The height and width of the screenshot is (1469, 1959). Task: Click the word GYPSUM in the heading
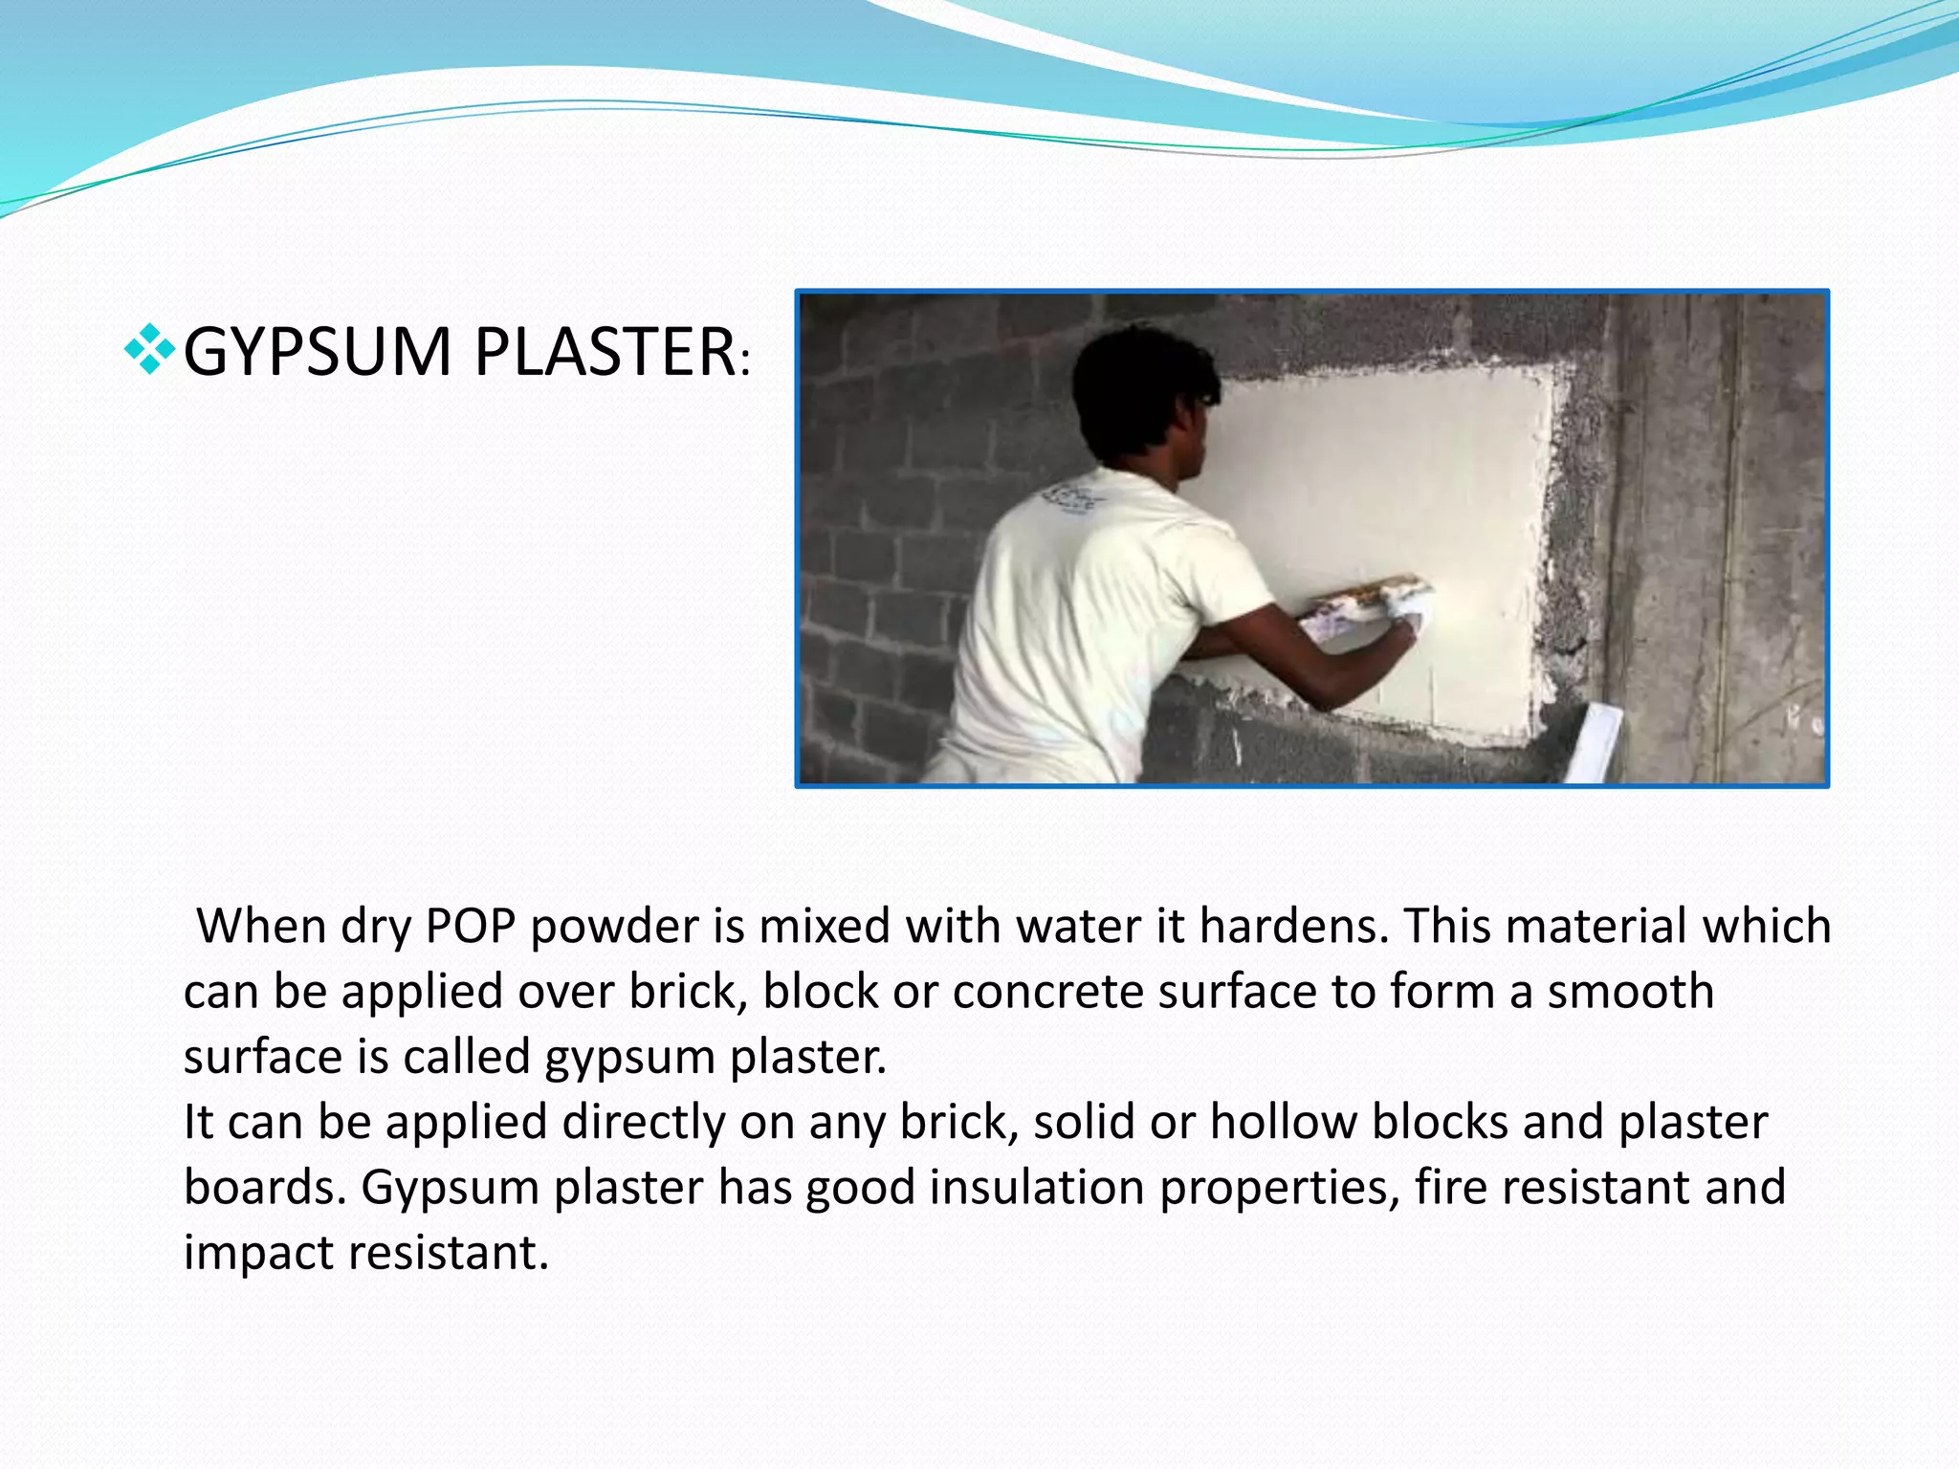[317, 352]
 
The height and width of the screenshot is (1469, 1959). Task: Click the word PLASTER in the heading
[604, 352]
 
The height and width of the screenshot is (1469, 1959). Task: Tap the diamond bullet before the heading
[149, 348]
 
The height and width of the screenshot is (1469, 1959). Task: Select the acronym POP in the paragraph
[471, 926]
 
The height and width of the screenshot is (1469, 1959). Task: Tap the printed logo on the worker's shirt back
[1073, 499]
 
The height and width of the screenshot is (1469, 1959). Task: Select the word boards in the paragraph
[264, 1187]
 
